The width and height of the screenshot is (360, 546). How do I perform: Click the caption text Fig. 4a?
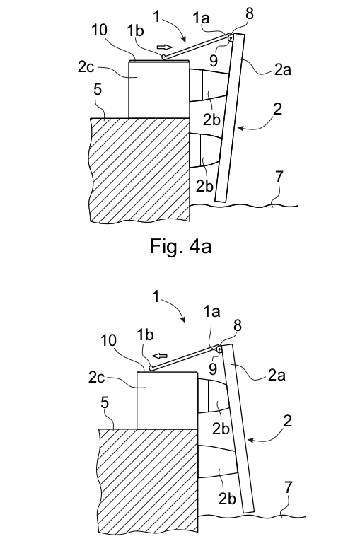pos(180,247)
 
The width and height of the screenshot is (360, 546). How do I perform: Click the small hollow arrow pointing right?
pos(164,47)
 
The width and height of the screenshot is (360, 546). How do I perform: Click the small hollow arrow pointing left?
pos(161,356)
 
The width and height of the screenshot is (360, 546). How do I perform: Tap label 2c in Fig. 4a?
pos(86,66)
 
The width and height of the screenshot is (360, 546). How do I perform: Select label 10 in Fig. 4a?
pos(99,30)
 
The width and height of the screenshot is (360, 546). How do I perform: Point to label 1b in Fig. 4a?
pos(135,30)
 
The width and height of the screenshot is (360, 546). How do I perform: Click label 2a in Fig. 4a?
pos(282,69)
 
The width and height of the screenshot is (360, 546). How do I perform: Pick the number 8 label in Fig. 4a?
pos(250,14)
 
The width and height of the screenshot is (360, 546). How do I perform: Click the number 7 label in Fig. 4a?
pos(279,178)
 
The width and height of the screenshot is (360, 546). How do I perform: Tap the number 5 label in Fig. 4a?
pos(98,89)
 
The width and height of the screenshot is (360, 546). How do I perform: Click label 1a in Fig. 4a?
pos(202,18)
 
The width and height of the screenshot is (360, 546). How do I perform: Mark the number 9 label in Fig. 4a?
pos(214,60)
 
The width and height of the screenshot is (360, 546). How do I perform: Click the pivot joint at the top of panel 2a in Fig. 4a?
pos(230,37)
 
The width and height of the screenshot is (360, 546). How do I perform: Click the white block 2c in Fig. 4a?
pos(159,90)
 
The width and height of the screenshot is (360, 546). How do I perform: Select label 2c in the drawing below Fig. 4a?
pos(96,377)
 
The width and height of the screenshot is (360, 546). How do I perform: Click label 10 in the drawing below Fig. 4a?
pos(108,340)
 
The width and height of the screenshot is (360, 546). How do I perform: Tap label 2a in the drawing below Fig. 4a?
pos(277,375)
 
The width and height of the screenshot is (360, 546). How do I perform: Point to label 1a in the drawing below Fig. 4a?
pos(212,312)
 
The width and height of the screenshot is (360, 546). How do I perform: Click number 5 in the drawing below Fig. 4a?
pos(105,402)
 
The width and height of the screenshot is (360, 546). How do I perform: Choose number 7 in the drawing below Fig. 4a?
pos(289,488)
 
